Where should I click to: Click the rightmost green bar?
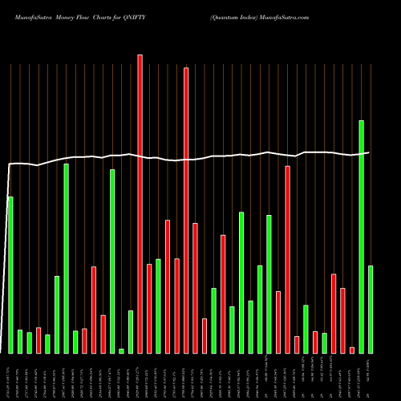[x=371, y=309]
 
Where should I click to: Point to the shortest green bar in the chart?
[x=122, y=350]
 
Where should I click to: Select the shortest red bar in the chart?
[x=352, y=350]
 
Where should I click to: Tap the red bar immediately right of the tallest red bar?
[x=149, y=308]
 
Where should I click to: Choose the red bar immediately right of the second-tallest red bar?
[x=195, y=288]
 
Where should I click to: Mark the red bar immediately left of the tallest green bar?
[x=352, y=350]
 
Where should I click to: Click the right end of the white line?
[x=369, y=152]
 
